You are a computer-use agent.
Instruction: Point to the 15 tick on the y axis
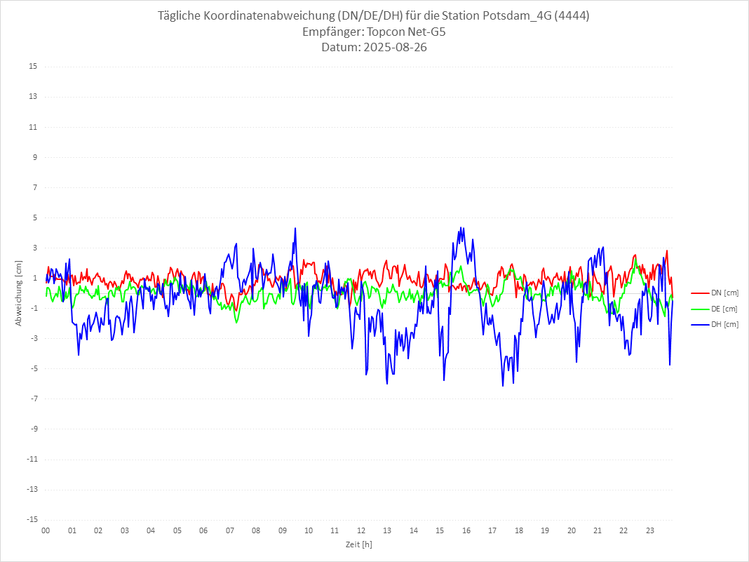pyautogui.click(x=32, y=67)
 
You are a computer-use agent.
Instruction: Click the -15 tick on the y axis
pyautogui.click(x=31, y=520)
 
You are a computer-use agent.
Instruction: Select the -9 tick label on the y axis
pyautogui.click(x=33, y=429)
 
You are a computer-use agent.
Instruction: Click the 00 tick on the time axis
pyautogui.click(x=46, y=530)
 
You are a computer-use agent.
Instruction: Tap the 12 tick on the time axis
pyautogui.click(x=361, y=530)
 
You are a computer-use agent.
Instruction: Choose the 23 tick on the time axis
pyautogui.click(x=650, y=530)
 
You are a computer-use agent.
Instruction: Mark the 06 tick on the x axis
pyautogui.click(x=203, y=530)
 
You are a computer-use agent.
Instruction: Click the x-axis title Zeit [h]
pyautogui.click(x=358, y=544)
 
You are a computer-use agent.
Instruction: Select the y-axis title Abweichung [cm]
pyautogui.click(x=19, y=293)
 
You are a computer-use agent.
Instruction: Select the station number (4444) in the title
pyautogui.click(x=571, y=15)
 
